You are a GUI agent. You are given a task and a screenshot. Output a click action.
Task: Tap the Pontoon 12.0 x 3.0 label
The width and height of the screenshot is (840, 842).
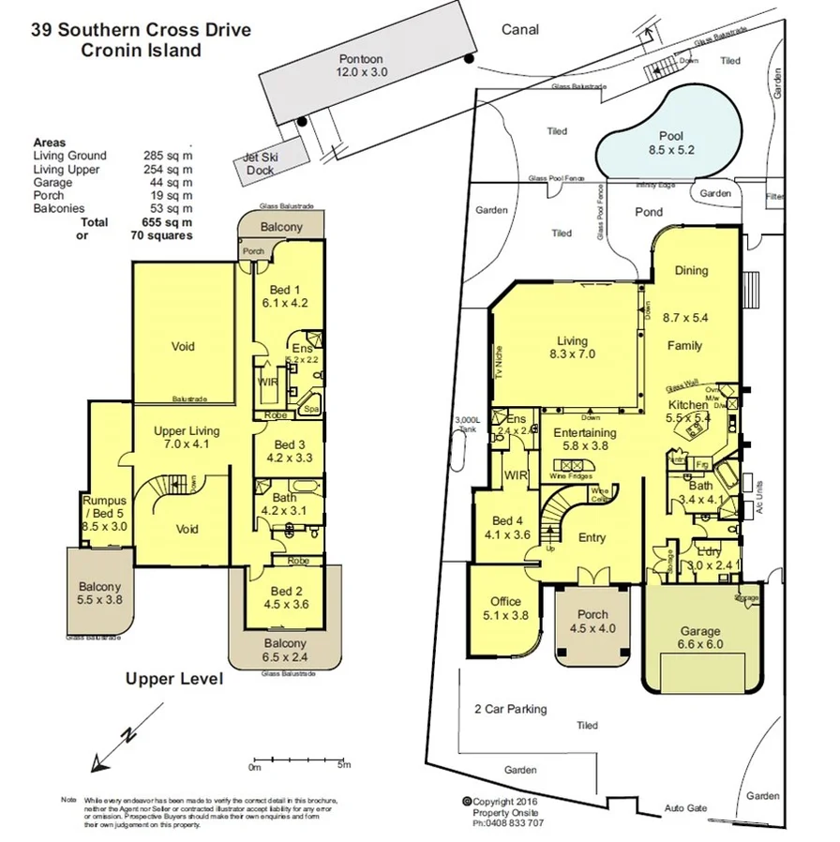[x=361, y=66]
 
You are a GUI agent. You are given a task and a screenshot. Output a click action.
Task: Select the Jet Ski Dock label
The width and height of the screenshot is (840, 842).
[x=260, y=164]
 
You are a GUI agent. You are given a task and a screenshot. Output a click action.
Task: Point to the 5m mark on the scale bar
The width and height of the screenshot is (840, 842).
[x=345, y=766]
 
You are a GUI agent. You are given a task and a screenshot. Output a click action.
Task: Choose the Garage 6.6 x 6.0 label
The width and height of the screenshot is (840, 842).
[x=700, y=638]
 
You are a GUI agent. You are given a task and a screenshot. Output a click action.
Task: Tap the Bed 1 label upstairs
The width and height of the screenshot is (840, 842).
[x=285, y=295]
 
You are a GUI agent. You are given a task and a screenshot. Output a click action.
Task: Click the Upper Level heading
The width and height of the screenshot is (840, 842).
[x=174, y=678]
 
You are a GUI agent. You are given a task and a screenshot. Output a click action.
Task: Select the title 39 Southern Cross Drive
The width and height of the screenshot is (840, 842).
[x=141, y=29]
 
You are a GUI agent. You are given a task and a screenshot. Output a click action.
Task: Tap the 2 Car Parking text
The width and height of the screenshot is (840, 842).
[x=511, y=709]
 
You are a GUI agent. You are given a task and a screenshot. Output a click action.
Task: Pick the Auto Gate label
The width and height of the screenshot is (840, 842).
[x=685, y=808]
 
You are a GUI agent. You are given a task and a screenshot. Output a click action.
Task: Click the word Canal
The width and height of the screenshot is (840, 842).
[x=520, y=29]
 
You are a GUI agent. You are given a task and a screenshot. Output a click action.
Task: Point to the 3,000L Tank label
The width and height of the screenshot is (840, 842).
[x=467, y=424]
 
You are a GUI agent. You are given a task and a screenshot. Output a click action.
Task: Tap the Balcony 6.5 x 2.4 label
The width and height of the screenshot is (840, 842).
[x=284, y=650]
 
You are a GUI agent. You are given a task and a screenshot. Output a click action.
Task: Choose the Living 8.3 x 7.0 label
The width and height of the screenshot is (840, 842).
[x=571, y=348]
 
